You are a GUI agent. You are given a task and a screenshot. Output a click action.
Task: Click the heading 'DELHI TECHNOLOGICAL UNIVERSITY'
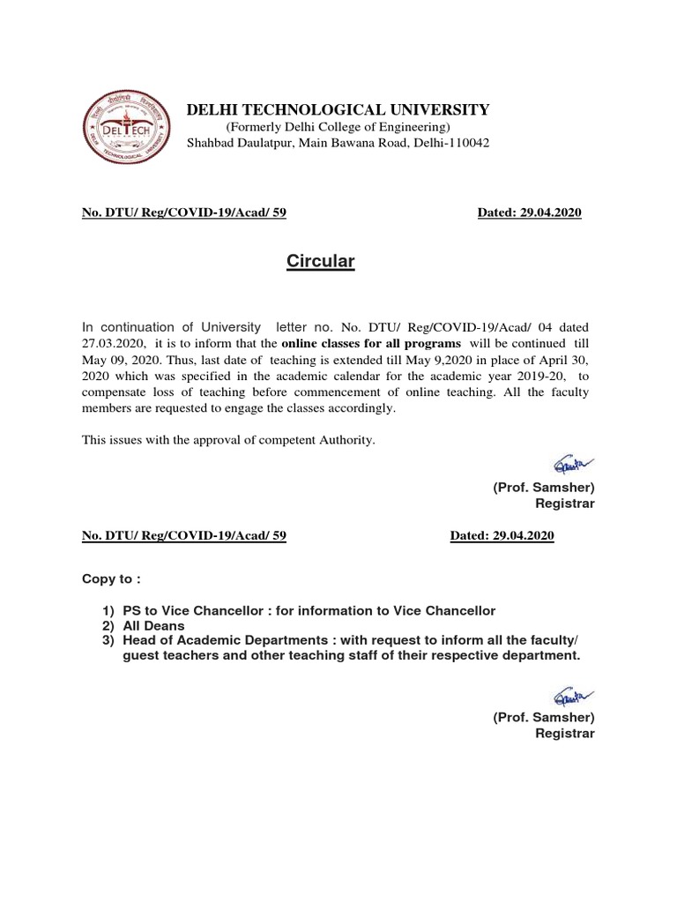coord(337,109)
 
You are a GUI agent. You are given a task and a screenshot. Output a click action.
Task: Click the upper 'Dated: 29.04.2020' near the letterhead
coord(529,213)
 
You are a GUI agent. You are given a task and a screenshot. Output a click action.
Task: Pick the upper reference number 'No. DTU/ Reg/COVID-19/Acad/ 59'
coord(183,213)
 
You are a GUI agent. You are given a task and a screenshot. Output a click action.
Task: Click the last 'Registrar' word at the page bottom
coord(566,733)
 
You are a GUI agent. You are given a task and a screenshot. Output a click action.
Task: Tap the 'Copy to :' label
coord(111,581)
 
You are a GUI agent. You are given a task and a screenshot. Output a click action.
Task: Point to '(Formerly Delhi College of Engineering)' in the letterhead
coord(338,127)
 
